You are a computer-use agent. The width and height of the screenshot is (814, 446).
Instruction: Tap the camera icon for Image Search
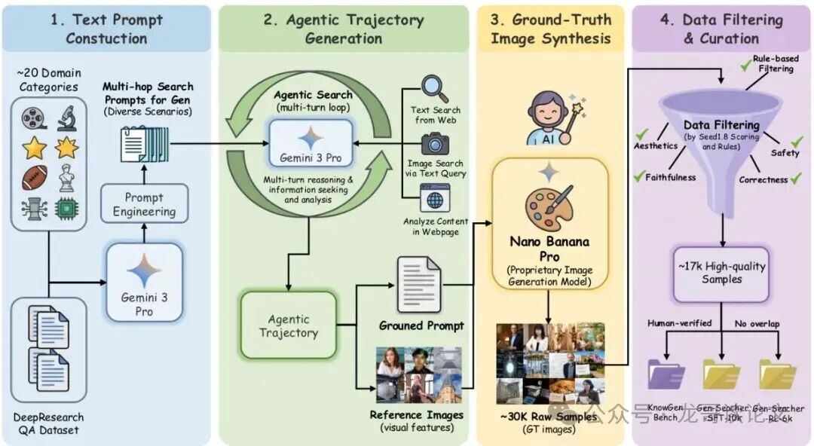tap(436, 144)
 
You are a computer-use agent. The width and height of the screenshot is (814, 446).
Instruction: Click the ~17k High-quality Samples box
tap(721, 272)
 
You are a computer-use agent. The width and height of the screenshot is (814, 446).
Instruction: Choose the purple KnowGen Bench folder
tap(666, 374)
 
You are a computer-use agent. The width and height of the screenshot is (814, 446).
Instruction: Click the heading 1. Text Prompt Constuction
tap(106, 28)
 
